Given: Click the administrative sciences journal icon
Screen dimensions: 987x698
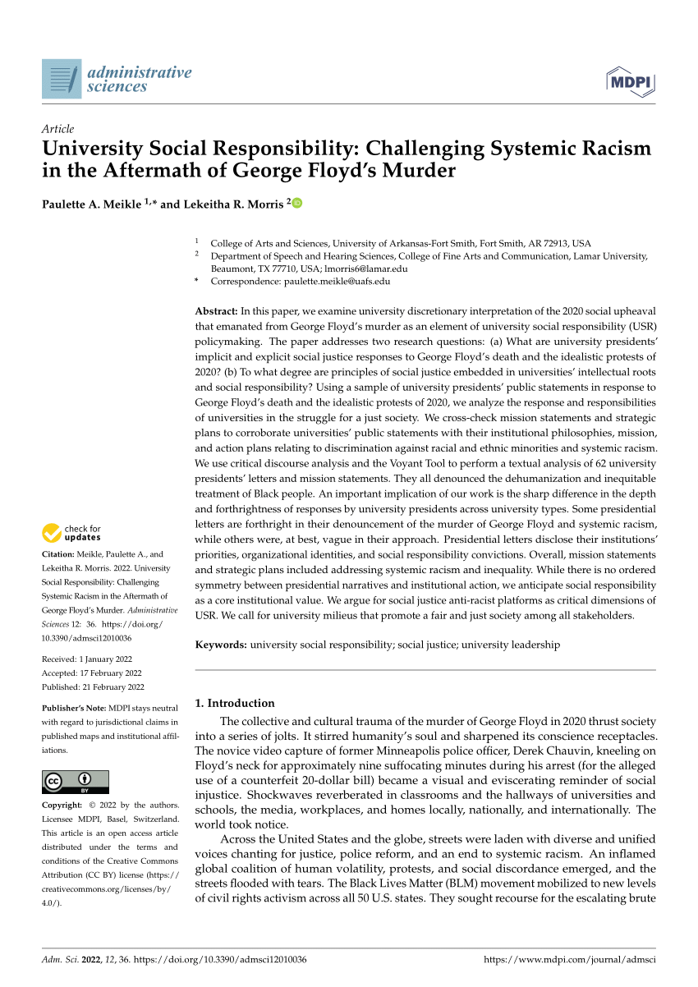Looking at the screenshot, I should (62, 79).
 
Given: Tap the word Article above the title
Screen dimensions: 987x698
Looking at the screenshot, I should (57, 129).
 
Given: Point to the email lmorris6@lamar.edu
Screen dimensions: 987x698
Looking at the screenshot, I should (366, 269).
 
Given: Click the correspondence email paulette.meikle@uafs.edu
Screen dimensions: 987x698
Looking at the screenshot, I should (337, 281).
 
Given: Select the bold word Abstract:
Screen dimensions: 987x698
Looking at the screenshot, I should (216, 311).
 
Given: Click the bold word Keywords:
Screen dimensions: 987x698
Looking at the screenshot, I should (221, 645).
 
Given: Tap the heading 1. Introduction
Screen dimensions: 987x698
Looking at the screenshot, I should (234, 703).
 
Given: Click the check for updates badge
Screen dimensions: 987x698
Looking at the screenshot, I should (72, 533).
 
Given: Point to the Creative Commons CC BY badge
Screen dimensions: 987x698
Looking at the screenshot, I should (75, 781).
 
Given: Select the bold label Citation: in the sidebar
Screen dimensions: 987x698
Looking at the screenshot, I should (59, 554).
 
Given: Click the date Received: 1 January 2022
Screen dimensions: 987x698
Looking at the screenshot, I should (86, 659).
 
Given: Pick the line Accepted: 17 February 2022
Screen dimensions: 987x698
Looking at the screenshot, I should (92, 673).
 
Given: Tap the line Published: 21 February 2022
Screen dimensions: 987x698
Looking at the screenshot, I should (93, 687).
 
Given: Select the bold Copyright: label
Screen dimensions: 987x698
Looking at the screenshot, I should (62, 806).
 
